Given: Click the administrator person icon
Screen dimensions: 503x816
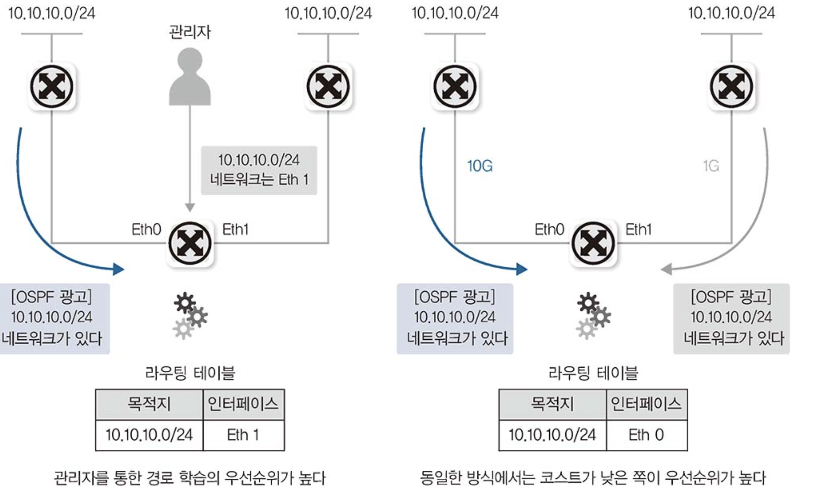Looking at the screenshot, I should pos(190,78).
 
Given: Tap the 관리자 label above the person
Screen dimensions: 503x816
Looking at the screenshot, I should pos(190,32).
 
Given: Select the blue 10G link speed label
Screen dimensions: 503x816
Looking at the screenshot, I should pos(479,166).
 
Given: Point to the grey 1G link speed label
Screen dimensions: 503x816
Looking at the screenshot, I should pos(711,166).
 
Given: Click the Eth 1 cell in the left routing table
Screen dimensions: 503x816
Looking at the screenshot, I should pos(243,435).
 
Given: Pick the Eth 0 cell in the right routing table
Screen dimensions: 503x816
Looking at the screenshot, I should pos(646,435).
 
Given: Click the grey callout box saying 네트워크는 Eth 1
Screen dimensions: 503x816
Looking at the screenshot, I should pos(259,170).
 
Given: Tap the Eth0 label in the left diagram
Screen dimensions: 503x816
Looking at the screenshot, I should pos(146,229).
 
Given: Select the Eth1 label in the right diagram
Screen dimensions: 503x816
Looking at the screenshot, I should pos(638,229).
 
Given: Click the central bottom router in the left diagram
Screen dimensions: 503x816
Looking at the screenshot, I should pos(190,243).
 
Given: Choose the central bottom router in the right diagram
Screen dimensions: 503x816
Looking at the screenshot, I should pos(593,243).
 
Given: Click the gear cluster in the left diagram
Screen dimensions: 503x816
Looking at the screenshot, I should pos(190,315).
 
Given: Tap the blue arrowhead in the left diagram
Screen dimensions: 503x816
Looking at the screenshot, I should pos(118,269).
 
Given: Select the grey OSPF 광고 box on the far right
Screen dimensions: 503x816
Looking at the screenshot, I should pos(731,318).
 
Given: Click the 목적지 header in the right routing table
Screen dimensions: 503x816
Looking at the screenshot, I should pos(552,404).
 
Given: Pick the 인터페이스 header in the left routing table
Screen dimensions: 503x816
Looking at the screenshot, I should pos(243,404).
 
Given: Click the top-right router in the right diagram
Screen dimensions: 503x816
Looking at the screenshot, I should pos(731,86).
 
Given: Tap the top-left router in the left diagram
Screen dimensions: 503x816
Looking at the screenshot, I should pos(52,86).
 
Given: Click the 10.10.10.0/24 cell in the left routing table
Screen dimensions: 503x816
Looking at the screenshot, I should pos(149,435).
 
